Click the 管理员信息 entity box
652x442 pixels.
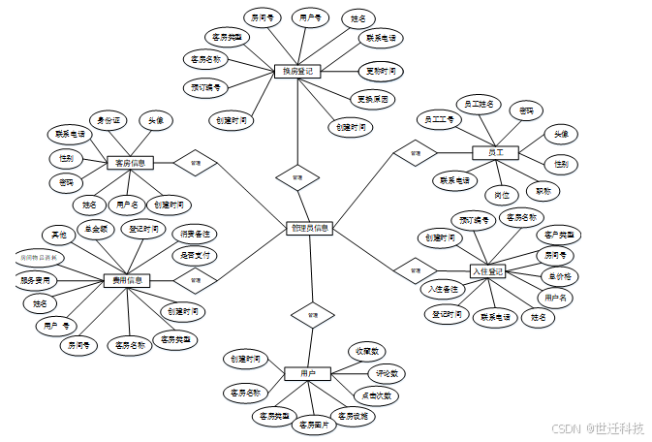tap(310, 229)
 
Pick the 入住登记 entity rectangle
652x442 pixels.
tap(487, 270)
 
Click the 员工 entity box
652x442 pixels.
tap(495, 152)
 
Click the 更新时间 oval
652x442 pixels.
tap(379, 71)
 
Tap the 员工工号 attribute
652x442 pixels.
tap(439, 119)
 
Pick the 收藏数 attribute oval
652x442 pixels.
tap(368, 351)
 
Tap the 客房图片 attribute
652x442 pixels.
tap(313, 424)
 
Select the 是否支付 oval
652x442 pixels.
tap(194, 255)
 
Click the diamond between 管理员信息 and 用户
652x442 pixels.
tap(312, 315)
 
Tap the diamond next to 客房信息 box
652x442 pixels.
tap(195, 164)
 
